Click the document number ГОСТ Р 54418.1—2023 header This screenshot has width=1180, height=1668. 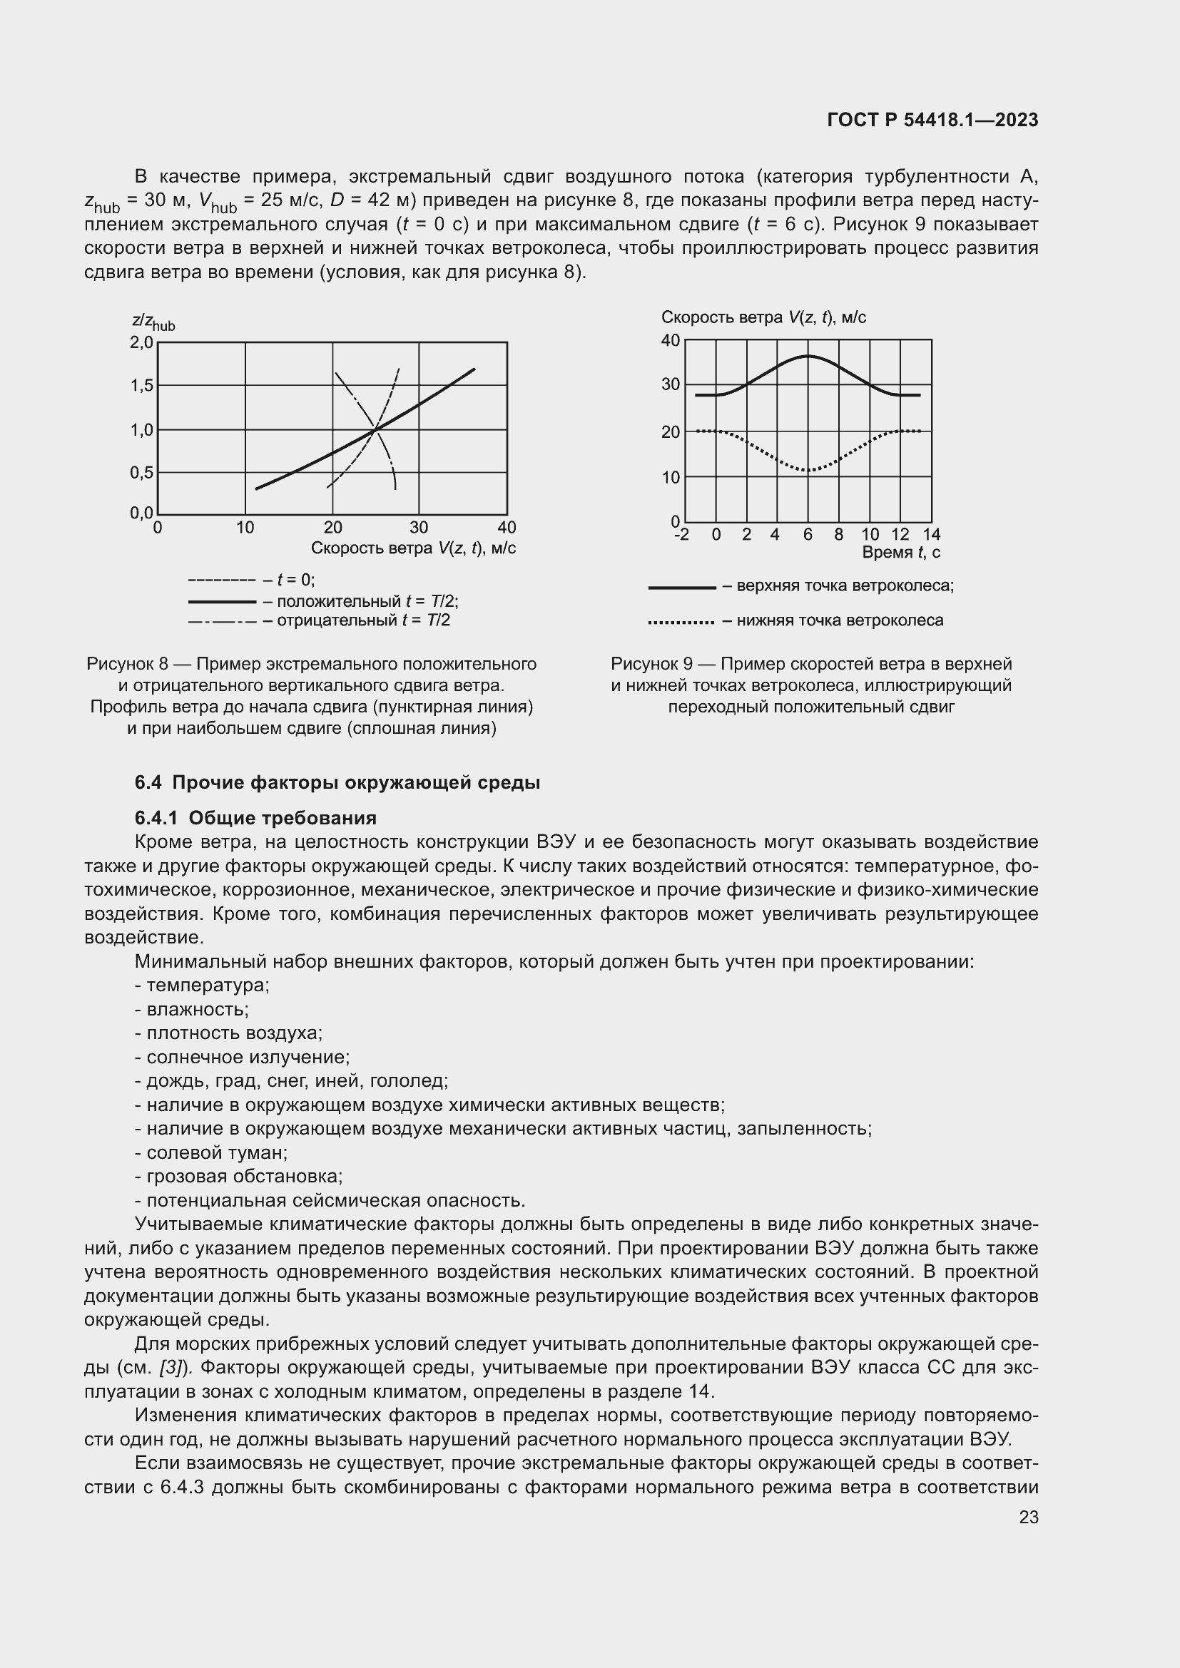coord(932,121)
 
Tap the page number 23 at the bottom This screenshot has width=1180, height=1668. coord(1028,1517)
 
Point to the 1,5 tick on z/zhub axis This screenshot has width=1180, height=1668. coord(142,386)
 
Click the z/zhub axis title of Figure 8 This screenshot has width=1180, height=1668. coord(153,322)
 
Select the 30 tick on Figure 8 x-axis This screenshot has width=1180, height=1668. coord(419,528)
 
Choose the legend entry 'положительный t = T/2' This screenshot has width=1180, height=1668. coord(323,602)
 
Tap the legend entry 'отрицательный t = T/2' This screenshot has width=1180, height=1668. coord(320,620)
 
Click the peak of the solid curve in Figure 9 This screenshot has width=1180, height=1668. coord(808,356)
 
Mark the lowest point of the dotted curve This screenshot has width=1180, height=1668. coord(808,470)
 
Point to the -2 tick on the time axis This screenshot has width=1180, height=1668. coord(681,535)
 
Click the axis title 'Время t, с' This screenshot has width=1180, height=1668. coord(900,552)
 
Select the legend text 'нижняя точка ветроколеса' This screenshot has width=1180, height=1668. coord(839,620)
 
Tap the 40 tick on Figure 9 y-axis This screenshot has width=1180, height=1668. coord(670,341)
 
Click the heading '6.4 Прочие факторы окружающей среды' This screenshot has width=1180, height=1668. coord(337,783)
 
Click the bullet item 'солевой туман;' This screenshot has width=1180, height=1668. coord(211,1153)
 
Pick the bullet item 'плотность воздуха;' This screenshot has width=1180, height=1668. coord(229,1033)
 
